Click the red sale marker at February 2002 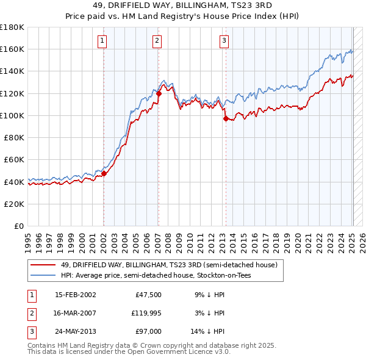(104, 173)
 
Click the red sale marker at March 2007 (159, 93)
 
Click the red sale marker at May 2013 (226, 118)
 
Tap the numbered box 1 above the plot (102, 41)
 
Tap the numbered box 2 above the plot (157, 41)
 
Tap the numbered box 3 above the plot (224, 41)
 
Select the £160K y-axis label (12, 49)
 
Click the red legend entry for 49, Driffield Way (169, 265)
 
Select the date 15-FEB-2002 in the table (75, 295)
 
